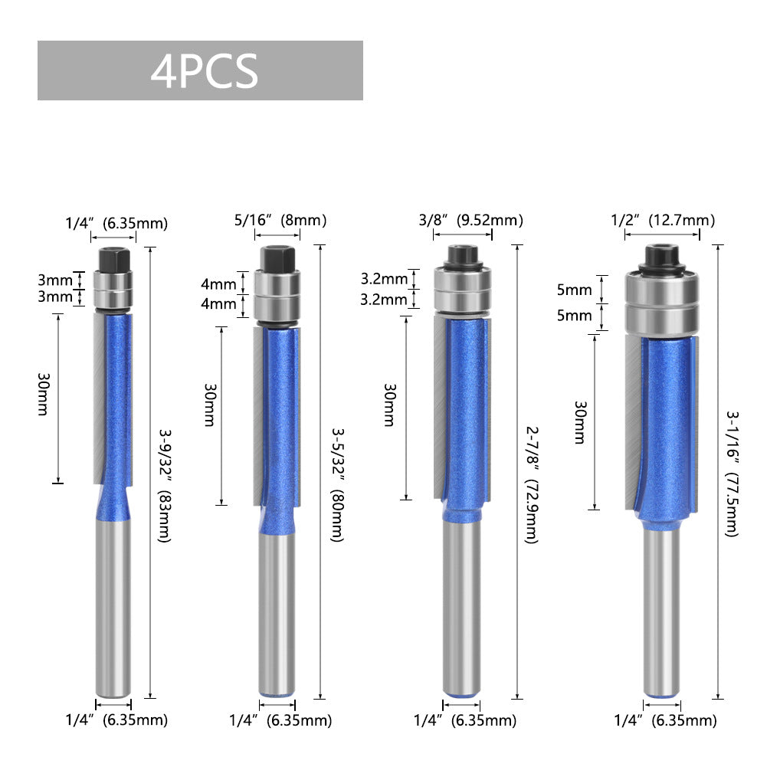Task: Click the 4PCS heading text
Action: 204,71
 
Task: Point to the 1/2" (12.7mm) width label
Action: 662,221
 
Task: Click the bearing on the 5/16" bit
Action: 277,294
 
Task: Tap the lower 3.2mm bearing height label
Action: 384,300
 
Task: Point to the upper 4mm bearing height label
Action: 218,284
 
